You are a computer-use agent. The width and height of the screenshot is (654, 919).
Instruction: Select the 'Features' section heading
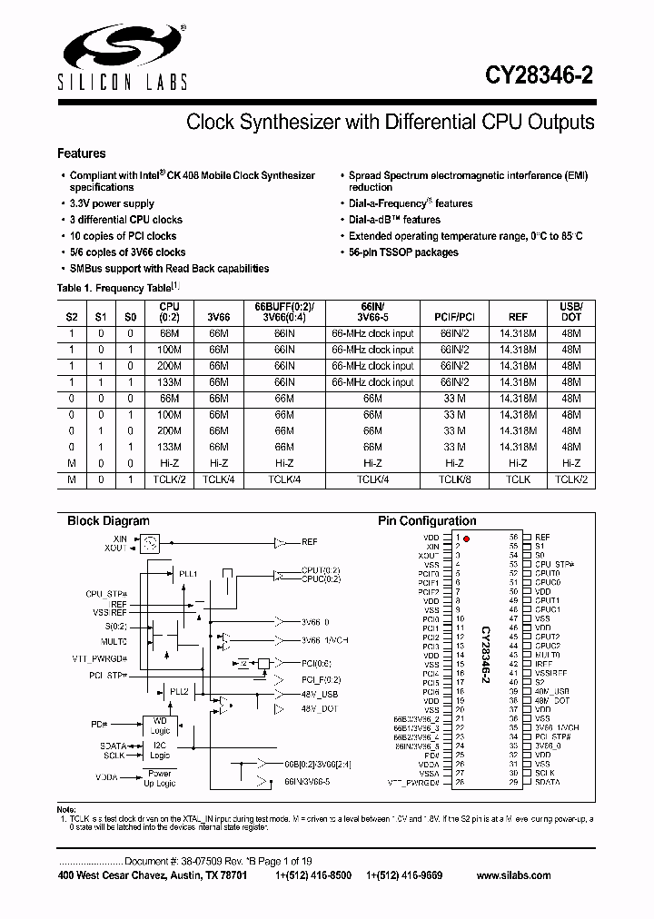(x=82, y=153)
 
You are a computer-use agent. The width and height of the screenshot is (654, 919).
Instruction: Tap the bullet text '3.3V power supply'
(x=112, y=203)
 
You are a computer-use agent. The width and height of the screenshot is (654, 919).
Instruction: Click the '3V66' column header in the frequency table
(x=218, y=318)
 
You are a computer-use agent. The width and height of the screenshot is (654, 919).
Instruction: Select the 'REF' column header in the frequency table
(x=518, y=318)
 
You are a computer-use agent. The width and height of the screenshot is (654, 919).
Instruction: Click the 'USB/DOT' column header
(x=570, y=312)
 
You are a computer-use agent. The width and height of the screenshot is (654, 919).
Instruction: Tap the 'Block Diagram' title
(x=108, y=521)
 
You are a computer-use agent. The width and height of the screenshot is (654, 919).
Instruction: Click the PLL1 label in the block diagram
(x=188, y=574)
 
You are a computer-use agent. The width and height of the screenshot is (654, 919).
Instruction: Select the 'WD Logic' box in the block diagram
(x=159, y=726)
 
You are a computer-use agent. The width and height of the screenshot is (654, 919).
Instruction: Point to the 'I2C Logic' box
(x=159, y=750)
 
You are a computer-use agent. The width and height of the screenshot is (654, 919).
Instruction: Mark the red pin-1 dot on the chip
(x=466, y=539)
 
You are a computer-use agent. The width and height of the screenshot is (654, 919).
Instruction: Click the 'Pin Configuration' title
(x=427, y=521)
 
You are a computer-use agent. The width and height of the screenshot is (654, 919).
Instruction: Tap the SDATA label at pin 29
(x=547, y=782)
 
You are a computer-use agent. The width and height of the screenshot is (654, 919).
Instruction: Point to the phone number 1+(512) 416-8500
(x=314, y=875)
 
